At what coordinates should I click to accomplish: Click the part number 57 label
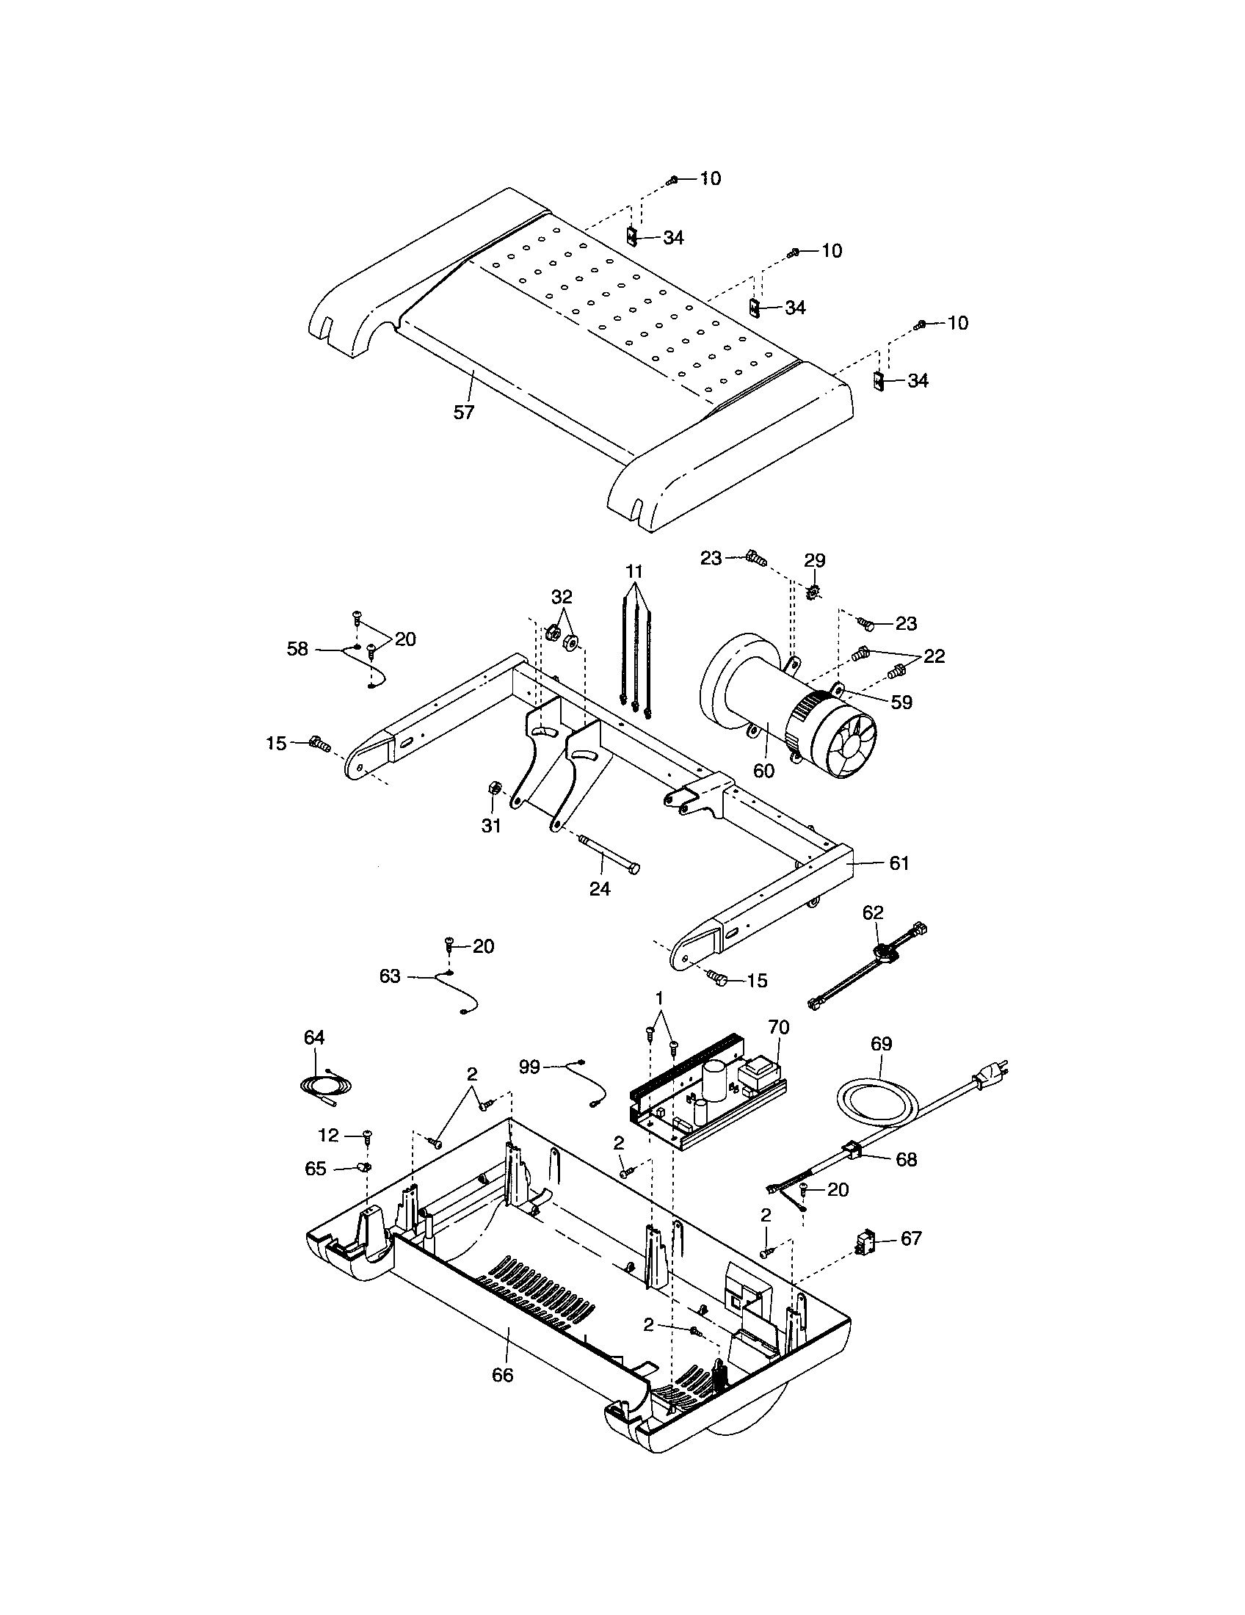coord(462,412)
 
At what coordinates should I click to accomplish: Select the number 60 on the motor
coord(763,770)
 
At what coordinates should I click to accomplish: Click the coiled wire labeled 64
coord(320,1086)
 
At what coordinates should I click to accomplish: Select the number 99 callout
coord(529,1068)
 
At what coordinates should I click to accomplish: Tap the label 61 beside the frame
coord(899,863)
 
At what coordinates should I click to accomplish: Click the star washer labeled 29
coord(813,592)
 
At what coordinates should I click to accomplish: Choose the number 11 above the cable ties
coord(634,571)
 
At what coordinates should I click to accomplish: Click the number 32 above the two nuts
coord(561,596)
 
